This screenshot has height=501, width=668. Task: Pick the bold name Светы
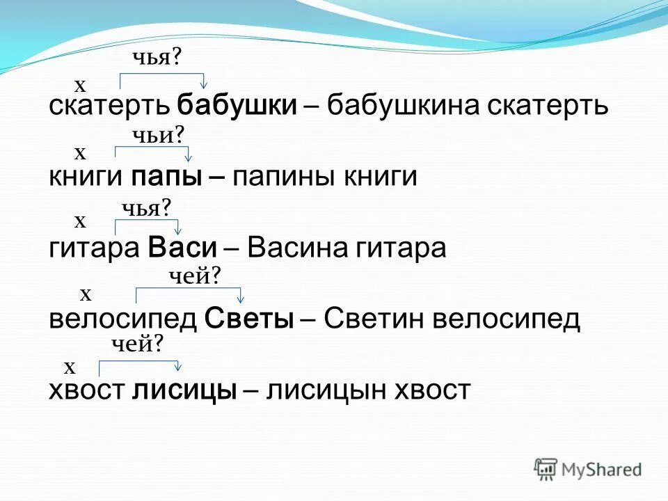tap(249, 319)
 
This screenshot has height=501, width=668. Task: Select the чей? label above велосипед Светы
tap(196, 277)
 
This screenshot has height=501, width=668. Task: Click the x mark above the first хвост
tap(70, 366)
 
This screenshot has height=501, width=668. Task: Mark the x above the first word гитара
tap(80, 221)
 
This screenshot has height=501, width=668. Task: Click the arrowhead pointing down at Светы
tap(241, 301)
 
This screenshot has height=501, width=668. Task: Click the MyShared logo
tap(588, 469)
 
